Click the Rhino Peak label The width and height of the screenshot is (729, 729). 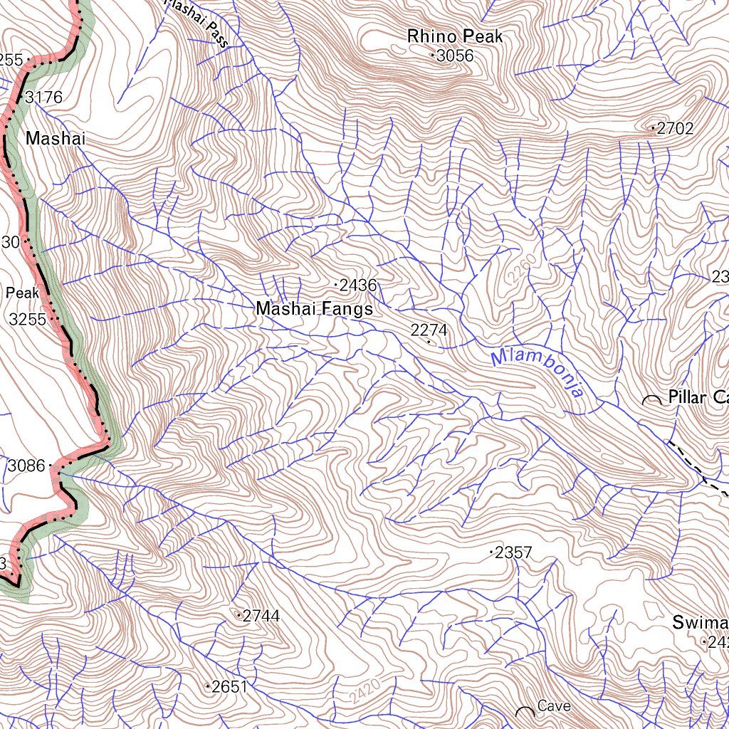(x=455, y=36)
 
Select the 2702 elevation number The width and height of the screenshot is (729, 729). (x=675, y=129)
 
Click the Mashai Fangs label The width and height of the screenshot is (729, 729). (x=314, y=309)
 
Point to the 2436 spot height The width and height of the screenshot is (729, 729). (x=357, y=285)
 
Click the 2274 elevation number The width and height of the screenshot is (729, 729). (x=429, y=330)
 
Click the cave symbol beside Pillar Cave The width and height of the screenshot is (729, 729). (x=651, y=401)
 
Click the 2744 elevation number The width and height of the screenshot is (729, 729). (x=261, y=616)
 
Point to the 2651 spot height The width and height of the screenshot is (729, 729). (x=229, y=687)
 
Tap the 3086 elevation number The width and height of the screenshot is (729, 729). (x=26, y=467)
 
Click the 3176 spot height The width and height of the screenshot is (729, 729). (x=44, y=97)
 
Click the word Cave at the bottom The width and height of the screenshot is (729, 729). (x=554, y=706)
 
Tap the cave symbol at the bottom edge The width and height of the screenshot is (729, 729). (x=525, y=712)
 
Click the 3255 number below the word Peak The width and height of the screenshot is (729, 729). (x=27, y=320)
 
